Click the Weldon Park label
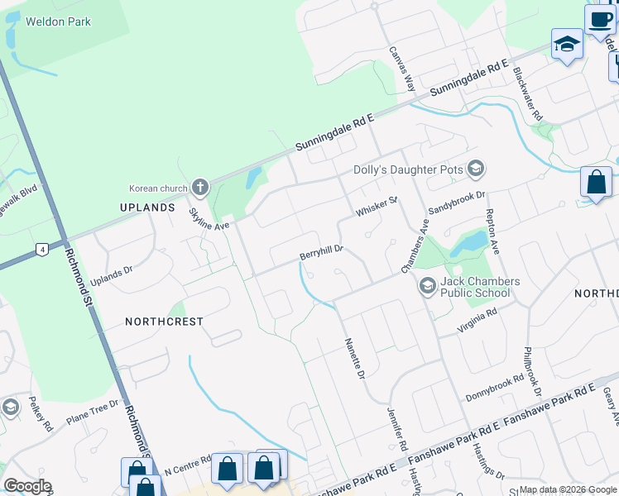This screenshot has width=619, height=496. (58, 21)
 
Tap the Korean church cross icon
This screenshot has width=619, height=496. (199, 188)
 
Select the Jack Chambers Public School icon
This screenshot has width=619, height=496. (427, 287)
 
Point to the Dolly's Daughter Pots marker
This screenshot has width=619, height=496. (475, 169)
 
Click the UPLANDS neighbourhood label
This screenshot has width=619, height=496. (147, 207)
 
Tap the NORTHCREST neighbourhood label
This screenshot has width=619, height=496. (164, 321)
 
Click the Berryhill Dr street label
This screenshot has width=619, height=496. (321, 251)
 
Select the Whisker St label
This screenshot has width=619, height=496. (377, 206)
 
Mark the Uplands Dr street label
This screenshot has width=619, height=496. (112, 275)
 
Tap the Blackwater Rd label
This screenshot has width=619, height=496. (527, 93)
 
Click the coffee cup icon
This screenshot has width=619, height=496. (601, 19)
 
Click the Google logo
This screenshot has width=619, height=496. (27, 485)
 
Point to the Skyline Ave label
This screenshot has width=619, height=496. (209, 219)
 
